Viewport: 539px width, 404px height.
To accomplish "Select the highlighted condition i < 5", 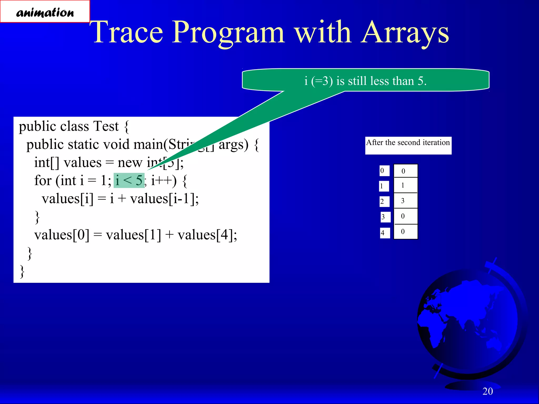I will tap(129, 180).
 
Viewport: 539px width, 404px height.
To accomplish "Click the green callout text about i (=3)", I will tap(365, 81).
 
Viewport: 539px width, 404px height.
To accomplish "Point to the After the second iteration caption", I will tap(408, 143).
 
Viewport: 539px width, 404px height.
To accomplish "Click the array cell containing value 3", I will tap(405, 201).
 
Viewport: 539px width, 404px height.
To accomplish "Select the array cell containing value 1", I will tap(405, 185).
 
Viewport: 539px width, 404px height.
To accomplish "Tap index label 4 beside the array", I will tap(385, 233).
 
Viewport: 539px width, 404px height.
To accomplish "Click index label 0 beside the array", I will tap(384, 171).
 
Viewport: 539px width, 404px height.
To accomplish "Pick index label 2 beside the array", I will tap(384, 202).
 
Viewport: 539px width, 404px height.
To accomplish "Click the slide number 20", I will tap(487, 391).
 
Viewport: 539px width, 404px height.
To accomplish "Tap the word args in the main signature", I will tap(233, 144).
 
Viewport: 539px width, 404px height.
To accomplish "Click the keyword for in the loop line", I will tap(43, 180).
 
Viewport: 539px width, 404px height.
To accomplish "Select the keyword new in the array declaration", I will tap(130, 163).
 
